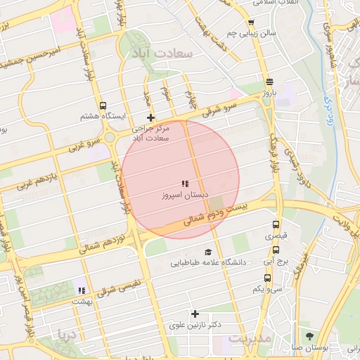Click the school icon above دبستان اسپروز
185,184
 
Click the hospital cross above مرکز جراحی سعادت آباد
150,117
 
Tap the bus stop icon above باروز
270,81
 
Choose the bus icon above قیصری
276,225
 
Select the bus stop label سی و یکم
269,289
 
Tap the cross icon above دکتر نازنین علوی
195,314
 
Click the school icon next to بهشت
82,290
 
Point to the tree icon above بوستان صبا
309,336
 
